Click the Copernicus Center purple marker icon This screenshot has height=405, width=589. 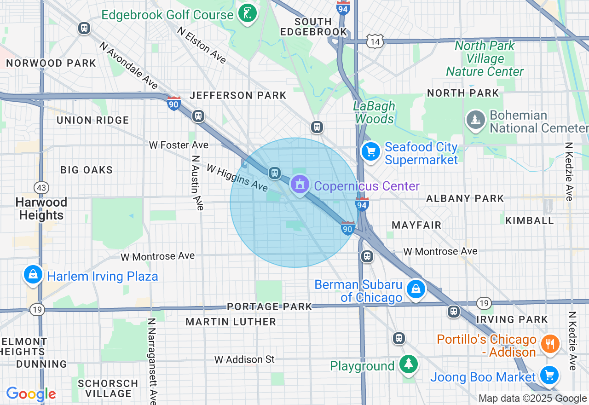point(300,185)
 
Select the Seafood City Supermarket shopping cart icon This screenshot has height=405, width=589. point(370,151)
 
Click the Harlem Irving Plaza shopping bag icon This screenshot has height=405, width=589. point(33,275)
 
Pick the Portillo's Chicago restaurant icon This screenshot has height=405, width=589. point(549,343)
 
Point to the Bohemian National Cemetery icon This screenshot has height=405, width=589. point(476,120)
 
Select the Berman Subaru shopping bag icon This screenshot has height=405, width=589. point(416,289)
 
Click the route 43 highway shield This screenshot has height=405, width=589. point(41,188)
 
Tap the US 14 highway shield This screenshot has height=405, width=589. point(375,41)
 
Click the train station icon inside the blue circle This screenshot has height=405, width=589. point(275,173)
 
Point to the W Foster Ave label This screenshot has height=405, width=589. point(179,145)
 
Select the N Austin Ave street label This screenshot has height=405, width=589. point(197,182)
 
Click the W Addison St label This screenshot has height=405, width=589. point(244,359)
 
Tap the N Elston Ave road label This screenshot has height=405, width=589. point(202,45)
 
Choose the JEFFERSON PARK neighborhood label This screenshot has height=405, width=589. point(238,95)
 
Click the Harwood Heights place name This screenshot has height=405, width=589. point(41,208)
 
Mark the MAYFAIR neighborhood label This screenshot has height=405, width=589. point(416,225)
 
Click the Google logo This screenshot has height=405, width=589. point(31,394)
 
